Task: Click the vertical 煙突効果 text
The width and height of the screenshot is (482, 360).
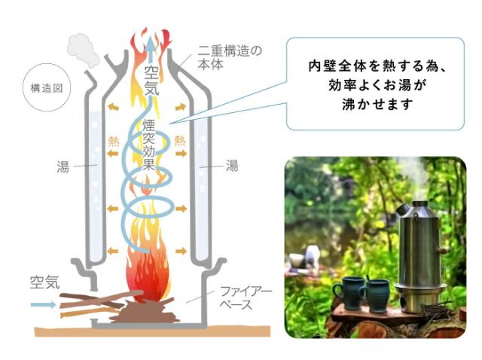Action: pos(149,144)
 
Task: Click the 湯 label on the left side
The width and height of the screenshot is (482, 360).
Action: pos(63,164)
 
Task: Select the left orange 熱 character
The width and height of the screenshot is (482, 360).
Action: pos(114,140)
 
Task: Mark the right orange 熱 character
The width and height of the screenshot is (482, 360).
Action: pos(180,140)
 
